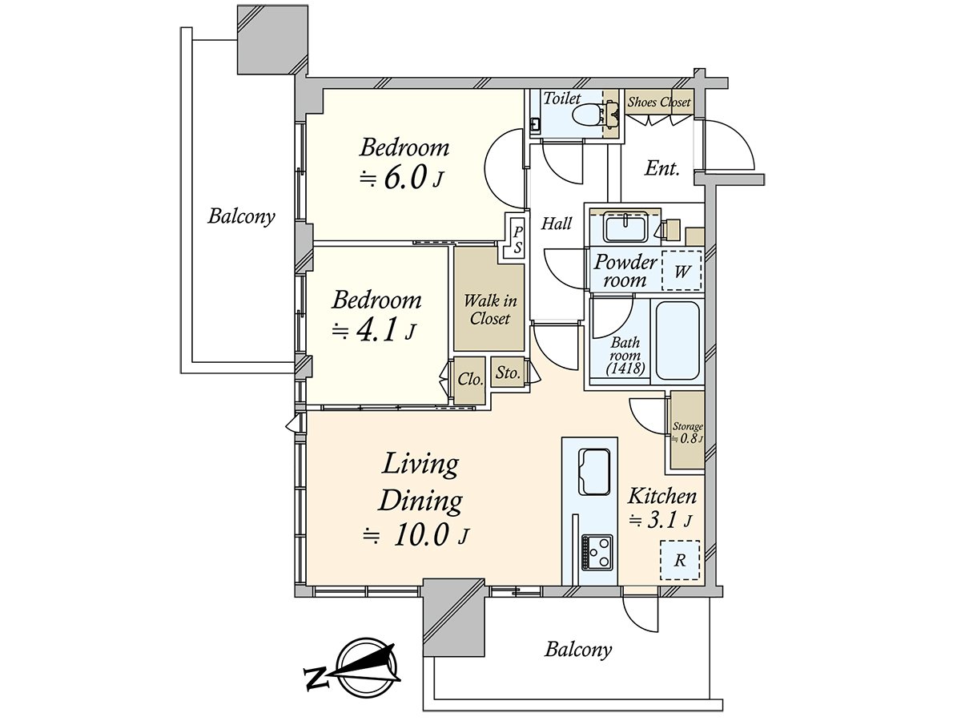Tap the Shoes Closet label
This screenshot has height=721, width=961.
pyautogui.click(x=658, y=102)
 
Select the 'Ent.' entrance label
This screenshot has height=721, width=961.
pyautogui.click(x=662, y=168)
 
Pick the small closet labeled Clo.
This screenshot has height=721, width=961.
pyautogui.click(x=469, y=381)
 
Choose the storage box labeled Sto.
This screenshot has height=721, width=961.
pyautogui.click(x=508, y=372)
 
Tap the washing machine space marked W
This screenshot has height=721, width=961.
pyautogui.click(x=682, y=271)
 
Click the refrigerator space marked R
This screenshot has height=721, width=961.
pyautogui.click(x=680, y=560)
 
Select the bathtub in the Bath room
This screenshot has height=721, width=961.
pyautogui.click(x=678, y=341)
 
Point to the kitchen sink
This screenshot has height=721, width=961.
pyautogui.click(x=594, y=471)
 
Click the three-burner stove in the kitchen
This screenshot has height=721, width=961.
pyautogui.click(x=597, y=553)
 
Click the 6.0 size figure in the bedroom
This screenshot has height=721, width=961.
pyautogui.click(x=405, y=178)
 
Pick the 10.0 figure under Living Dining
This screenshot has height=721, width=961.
pyautogui.click(x=422, y=535)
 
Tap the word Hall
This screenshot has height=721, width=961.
pyautogui.click(x=557, y=224)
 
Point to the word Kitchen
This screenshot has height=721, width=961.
pyautogui.click(x=662, y=497)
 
